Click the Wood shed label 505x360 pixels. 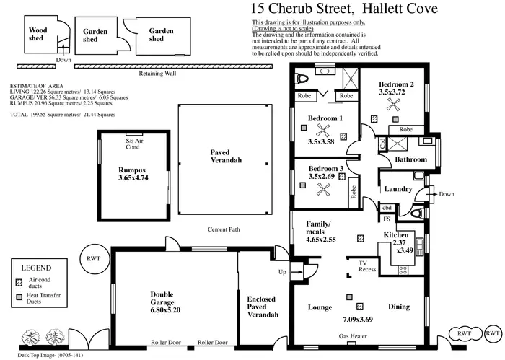(x=38, y=35)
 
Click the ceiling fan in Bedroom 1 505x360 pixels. (x=323, y=131)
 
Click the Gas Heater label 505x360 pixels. (x=354, y=336)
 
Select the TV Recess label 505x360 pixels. (x=368, y=266)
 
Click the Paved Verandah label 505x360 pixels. (x=226, y=156)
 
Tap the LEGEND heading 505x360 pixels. (x=36, y=266)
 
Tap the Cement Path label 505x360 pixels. (x=224, y=230)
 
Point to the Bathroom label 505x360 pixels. (x=410, y=159)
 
